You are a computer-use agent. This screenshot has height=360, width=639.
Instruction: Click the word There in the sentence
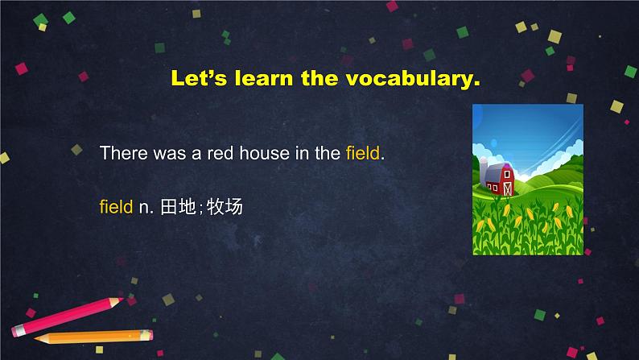tap(123, 153)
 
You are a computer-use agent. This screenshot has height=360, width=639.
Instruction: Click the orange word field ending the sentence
tap(363, 153)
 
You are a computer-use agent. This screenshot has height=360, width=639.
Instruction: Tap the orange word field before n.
tap(116, 207)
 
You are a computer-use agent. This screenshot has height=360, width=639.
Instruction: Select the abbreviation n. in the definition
tap(146, 208)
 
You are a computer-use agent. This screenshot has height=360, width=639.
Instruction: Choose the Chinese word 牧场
tap(225, 207)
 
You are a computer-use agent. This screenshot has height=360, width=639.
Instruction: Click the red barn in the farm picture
tap(500, 179)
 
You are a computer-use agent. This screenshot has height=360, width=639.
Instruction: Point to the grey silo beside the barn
tap(483, 172)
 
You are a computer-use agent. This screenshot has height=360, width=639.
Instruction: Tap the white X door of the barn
tap(507, 188)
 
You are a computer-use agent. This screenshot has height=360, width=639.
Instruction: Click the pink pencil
tap(68, 317)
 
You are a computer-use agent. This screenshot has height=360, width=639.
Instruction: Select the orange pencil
tap(93, 337)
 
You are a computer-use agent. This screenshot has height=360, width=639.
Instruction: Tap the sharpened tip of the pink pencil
tap(122, 300)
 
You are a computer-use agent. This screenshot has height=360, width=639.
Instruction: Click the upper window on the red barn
tap(506, 174)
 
